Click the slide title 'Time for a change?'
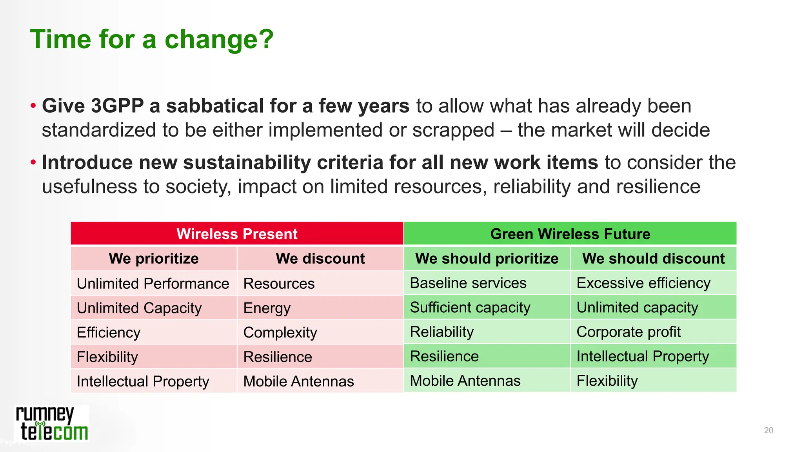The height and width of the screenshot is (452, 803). (x=152, y=40)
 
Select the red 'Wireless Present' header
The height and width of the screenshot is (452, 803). (x=237, y=234)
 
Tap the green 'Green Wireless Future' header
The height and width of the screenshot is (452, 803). (x=570, y=234)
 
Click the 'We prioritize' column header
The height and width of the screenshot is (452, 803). (x=154, y=259)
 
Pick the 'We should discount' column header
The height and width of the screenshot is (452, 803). (x=653, y=259)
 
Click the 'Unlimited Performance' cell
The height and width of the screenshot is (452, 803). (x=153, y=283)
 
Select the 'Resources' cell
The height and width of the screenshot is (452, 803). (x=279, y=283)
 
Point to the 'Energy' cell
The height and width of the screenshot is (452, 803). (x=267, y=308)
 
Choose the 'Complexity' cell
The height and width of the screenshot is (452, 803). (x=280, y=332)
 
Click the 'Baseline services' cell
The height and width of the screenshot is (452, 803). (x=468, y=283)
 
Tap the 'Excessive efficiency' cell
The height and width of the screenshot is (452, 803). (x=643, y=283)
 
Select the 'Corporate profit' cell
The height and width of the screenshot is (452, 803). (x=628, y=332)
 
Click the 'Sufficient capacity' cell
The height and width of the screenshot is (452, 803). (x=470, y=307)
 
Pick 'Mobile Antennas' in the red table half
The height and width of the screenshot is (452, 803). (x=298, y=381)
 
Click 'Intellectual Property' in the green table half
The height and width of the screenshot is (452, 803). (x=642, y=356)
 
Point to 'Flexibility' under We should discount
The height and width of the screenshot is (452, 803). (x=607, y=381)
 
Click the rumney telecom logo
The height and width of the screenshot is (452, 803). (x=52, y=424)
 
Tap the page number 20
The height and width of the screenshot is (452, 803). (x=768, y=430)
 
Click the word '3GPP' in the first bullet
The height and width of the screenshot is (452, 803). (x=117, y=106)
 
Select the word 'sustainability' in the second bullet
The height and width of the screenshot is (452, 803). (x=247, y=162)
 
